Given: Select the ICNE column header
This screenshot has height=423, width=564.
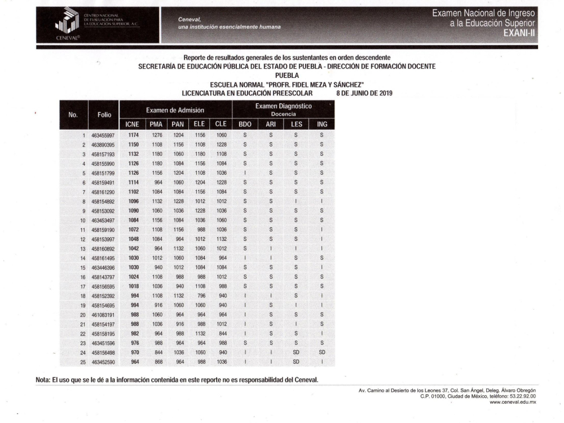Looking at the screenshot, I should click(x=133, y=124).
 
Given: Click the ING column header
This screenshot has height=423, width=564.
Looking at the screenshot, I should click(x=321, y=124).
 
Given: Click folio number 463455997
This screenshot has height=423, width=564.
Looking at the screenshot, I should click(x=102, y=135).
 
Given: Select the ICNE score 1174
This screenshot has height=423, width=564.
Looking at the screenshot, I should click(x=133, y=135).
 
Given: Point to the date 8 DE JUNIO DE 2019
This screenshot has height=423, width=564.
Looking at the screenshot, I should click(x=364, y=92).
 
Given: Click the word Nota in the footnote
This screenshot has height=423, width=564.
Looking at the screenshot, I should click(x=45, y=379).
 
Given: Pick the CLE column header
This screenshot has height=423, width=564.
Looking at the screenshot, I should click(x=221, y=124).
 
